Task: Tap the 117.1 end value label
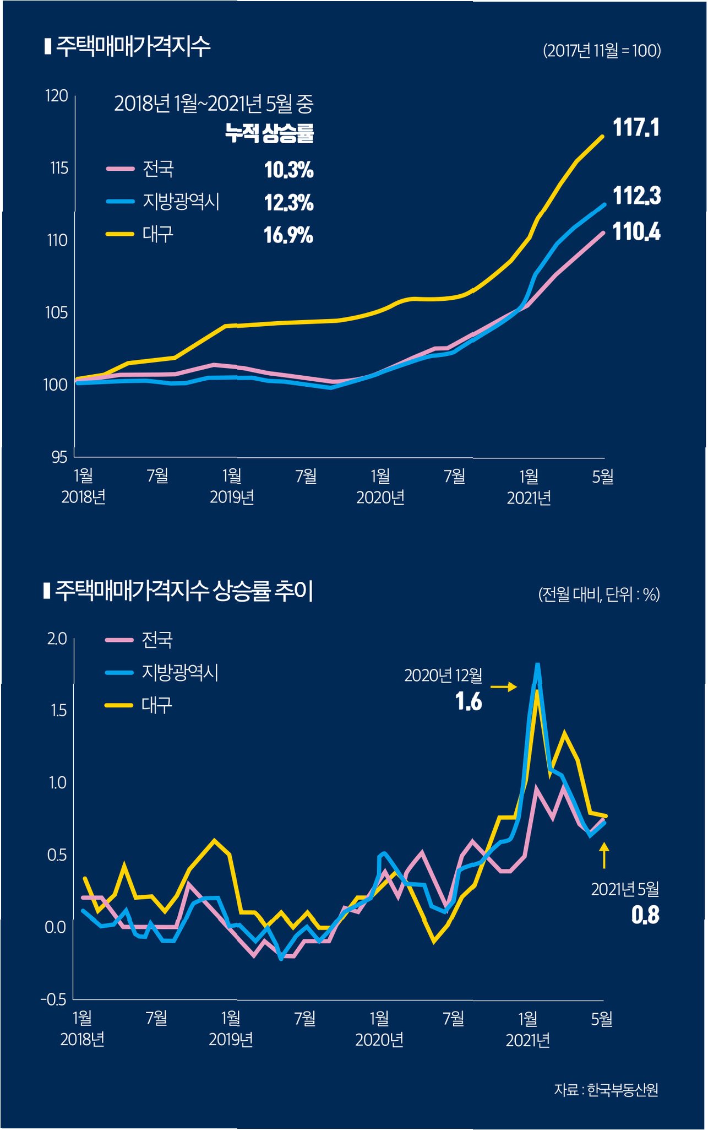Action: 636,128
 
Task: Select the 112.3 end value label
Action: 636,196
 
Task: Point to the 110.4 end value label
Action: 636,232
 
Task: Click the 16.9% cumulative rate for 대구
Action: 288,236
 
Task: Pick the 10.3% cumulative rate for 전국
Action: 288,170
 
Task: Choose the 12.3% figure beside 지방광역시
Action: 288,203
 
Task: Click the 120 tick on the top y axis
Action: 56,96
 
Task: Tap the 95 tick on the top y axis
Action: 59,457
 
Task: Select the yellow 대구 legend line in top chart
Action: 120,234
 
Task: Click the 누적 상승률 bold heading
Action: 269,133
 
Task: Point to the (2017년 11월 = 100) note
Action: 602,51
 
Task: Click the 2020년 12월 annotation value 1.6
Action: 469,702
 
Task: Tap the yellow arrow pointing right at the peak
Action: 504,686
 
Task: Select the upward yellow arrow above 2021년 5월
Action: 604,856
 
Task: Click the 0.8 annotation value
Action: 645,915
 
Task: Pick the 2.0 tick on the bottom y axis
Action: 57,639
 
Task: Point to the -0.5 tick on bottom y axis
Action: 53,999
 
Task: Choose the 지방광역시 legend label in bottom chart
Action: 180,673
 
